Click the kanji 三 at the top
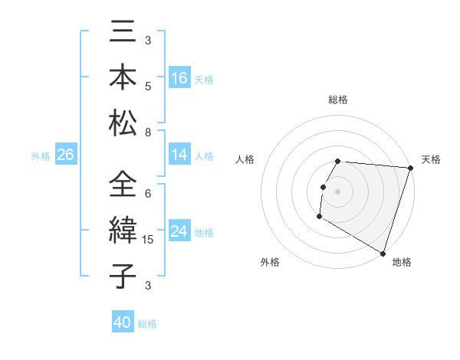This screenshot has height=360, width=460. click(x=122, y=34)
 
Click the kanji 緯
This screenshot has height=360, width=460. click(x=122, y=231)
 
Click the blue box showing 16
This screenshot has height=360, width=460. click(x=179, y=77)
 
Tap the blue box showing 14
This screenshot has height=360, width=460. click(x=179, y=155)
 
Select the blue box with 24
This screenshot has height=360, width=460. click(x=179, y=231)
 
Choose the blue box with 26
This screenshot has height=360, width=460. click(x=65, y=155)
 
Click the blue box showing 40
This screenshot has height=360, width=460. click(x=123, y=322)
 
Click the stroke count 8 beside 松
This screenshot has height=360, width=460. click(x=148, y=133)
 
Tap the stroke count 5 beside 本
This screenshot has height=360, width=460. click(x=148, y=87)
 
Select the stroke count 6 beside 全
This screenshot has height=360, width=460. click(x=148, y=194)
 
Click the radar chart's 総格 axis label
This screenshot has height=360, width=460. click(x=338, y=100)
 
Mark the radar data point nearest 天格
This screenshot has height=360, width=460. click(x=410, y=169)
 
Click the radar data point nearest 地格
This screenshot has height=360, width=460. click(x=382, y=253)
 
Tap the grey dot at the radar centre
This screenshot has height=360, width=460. click(x=338, y=191)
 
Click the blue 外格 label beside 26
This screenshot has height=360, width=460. click(x=41, y=155)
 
